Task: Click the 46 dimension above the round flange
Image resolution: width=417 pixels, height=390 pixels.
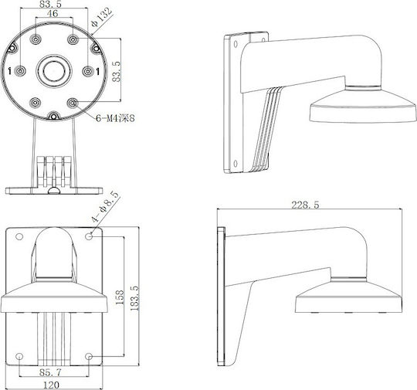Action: coord(53,13)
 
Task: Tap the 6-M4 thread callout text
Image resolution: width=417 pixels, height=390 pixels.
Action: coord(115,118)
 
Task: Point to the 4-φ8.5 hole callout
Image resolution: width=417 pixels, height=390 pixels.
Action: coord(104,207)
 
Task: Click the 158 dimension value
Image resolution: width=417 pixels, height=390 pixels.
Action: coord(120,297)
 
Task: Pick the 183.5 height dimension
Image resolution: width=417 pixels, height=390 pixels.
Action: coord(135,298)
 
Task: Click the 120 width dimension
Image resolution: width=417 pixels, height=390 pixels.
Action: coord(51,385)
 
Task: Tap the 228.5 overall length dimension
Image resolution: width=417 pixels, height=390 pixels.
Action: coord(305,205)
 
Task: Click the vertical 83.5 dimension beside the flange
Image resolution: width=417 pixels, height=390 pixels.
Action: coord(117,71)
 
